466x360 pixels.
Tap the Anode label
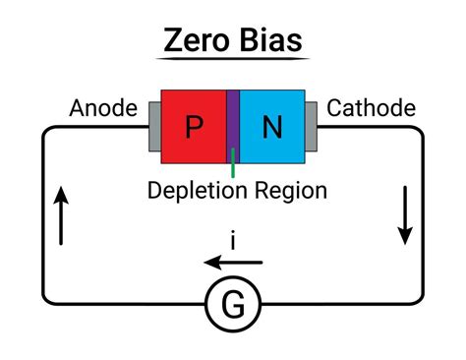tap(102, 108)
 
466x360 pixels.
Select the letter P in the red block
tap(194, 126)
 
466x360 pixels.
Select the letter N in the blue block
tap(272, 126)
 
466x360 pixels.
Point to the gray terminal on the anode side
tap(153, 126)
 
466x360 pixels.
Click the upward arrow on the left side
tap(62, 216)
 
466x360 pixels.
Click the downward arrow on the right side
tap(404, 216)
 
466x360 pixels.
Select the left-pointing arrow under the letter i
tap(233, 263)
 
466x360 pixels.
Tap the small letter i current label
tap(233, 240)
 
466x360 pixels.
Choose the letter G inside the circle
tap(233, 307)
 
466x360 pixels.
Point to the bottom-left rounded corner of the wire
tap(45, 301)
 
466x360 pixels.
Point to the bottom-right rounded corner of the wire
tap(420, 301)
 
